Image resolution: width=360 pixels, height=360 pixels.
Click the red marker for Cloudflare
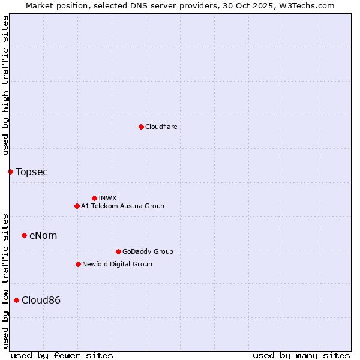141,127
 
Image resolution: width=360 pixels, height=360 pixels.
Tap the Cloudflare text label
161,127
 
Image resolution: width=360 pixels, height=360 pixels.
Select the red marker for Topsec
10,172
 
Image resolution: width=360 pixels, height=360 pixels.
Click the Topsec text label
32,172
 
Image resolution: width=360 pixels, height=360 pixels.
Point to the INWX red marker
94,198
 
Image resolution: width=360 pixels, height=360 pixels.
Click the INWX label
108,198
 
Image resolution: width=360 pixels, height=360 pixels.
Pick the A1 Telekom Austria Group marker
77,206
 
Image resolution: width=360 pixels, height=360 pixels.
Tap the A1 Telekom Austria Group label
122,206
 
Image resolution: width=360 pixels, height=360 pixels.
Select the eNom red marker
24,235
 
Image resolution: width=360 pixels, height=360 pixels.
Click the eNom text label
43,236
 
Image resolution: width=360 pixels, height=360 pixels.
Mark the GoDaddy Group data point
118,251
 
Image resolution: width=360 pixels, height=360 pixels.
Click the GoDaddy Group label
148,251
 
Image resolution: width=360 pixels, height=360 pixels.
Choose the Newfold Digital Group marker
78,264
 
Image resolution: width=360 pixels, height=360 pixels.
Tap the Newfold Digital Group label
117,264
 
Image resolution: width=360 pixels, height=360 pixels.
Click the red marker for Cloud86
16,300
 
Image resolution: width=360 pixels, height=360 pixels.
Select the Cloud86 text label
41,301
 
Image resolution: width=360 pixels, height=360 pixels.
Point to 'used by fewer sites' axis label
62,355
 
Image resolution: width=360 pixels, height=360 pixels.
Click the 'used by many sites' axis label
301,355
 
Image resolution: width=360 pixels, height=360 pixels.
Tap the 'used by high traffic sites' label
5,86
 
